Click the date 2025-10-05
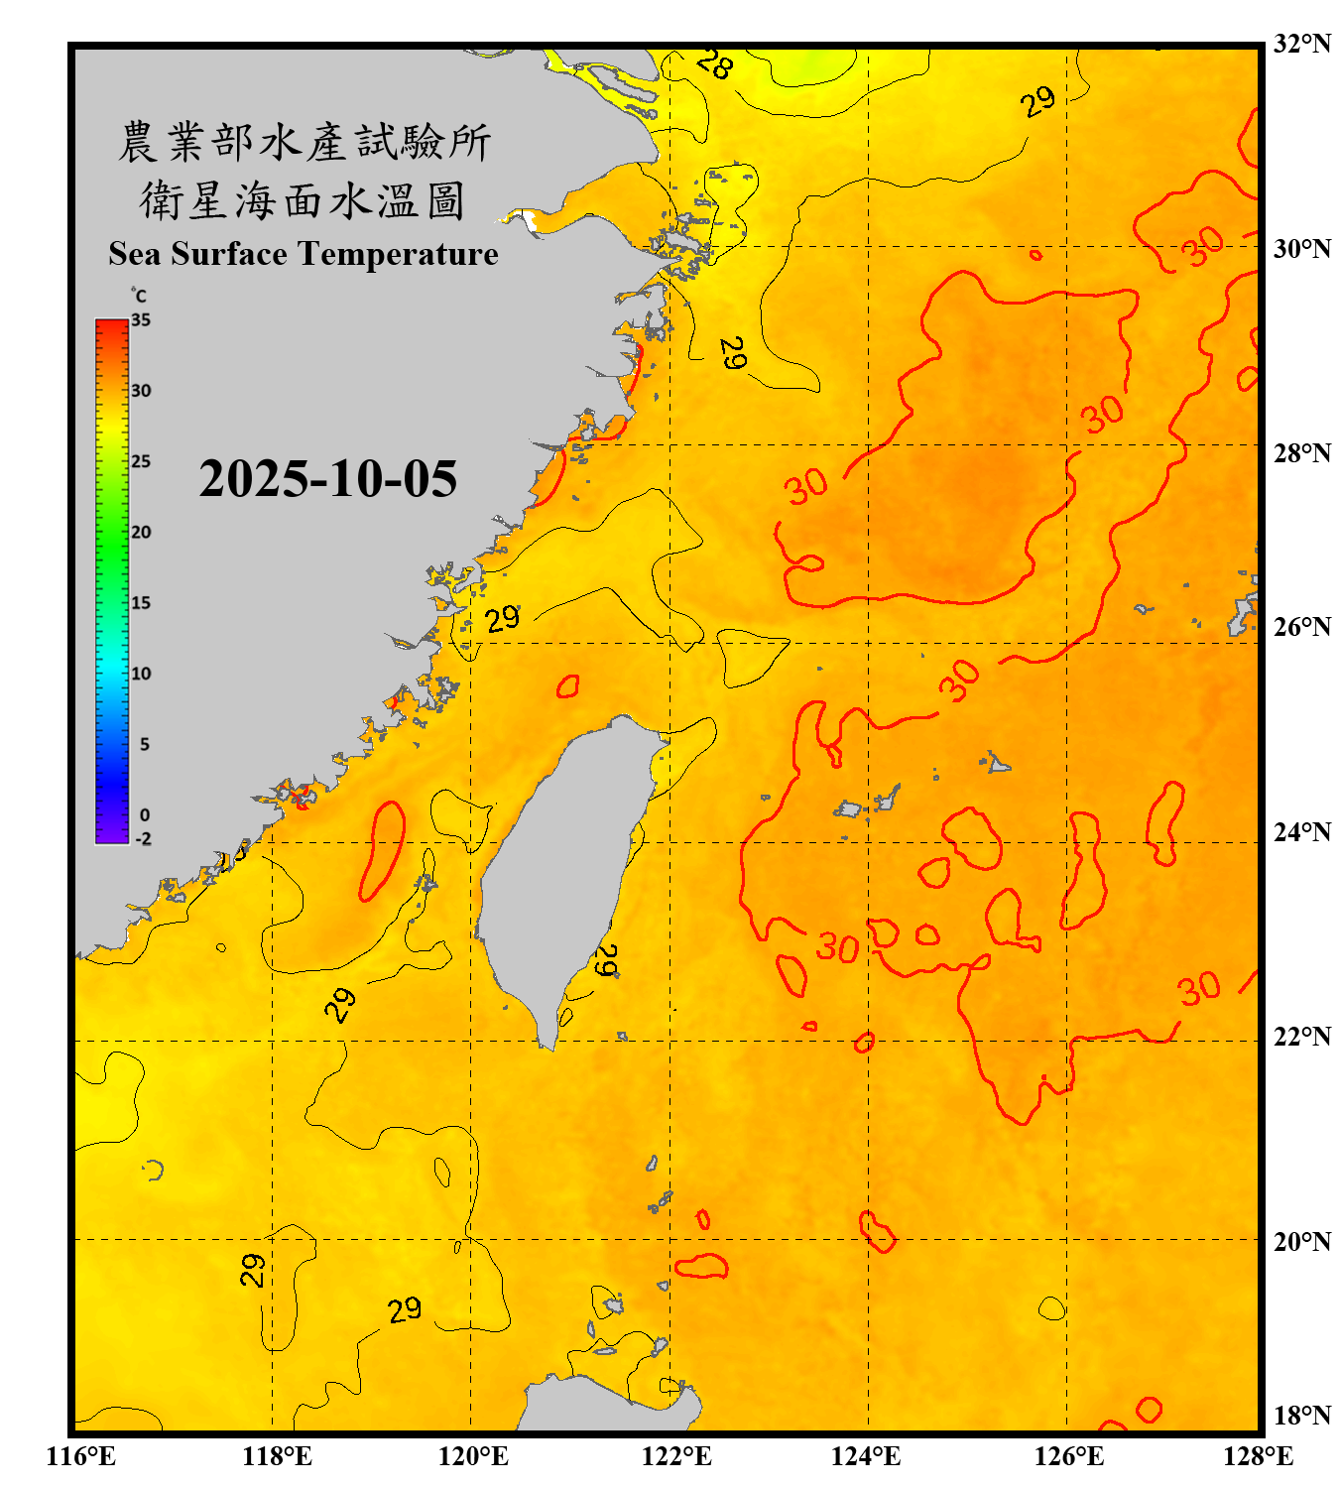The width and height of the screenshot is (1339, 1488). point(327,479)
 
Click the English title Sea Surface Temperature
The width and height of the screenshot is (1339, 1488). point(304,254)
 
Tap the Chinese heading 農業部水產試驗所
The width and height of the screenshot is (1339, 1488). point(304,142)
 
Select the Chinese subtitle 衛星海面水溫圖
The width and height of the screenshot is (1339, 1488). point(303,200)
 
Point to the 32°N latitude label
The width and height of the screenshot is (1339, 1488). point(1301,44)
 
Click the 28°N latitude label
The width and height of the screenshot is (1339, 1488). point(1301,453)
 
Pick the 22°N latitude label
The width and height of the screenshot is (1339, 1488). point(1301,1037)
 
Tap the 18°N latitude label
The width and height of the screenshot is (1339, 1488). point(1301,1416)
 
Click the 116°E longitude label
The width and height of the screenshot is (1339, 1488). point(81,1456)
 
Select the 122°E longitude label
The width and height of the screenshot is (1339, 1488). point(676,1456)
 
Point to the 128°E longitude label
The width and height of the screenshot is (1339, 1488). point(1258,1456)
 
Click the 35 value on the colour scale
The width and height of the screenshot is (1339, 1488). point(141,319)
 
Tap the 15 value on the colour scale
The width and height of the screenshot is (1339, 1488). point(141,602)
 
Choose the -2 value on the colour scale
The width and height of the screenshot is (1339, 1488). point(143,838)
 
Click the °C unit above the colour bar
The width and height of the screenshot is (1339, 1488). point(138,296)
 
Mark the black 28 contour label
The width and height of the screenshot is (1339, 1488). point(714,64)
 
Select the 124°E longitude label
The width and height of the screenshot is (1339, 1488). point(866,1456)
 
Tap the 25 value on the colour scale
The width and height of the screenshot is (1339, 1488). point(141,461)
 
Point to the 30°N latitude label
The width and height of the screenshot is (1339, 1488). point(1301,248)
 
